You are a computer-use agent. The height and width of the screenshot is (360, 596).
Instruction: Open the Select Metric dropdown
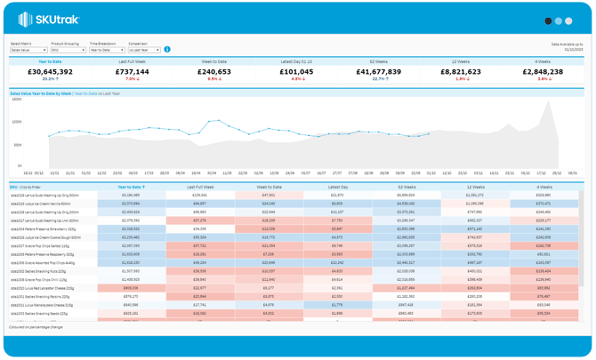coord(28,50)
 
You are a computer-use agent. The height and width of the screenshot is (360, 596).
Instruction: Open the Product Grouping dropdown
coord(68,50)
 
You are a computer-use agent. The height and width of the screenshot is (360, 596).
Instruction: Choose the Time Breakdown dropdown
coord(106,50)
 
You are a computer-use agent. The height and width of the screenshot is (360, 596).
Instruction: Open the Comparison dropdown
coord(144,50)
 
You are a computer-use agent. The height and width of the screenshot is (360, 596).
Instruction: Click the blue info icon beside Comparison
coord(167,50)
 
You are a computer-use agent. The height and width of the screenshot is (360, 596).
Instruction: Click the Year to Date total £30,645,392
coord(50,71)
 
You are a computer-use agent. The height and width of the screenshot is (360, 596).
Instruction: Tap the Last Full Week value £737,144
coord(133,71)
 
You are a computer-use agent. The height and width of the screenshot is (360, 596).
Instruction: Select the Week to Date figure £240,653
coord(214,71)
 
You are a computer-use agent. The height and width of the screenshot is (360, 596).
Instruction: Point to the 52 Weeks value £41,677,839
coord(379,71)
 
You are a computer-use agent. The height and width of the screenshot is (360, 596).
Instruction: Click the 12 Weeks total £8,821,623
coord(461,71)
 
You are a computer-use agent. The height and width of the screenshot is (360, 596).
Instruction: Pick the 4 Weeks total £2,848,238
coord(543,71)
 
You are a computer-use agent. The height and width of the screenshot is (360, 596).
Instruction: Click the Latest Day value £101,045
coord(296,71)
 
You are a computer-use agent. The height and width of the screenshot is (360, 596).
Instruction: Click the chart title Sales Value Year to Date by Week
coord(40,92)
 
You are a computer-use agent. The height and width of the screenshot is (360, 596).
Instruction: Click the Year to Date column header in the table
coord(131,188)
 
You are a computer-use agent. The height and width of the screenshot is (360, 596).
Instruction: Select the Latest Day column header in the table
coord(337,188)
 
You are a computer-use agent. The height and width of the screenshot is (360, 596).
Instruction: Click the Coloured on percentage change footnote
coord(35,327)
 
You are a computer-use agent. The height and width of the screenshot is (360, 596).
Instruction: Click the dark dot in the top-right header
coord(548,20)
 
